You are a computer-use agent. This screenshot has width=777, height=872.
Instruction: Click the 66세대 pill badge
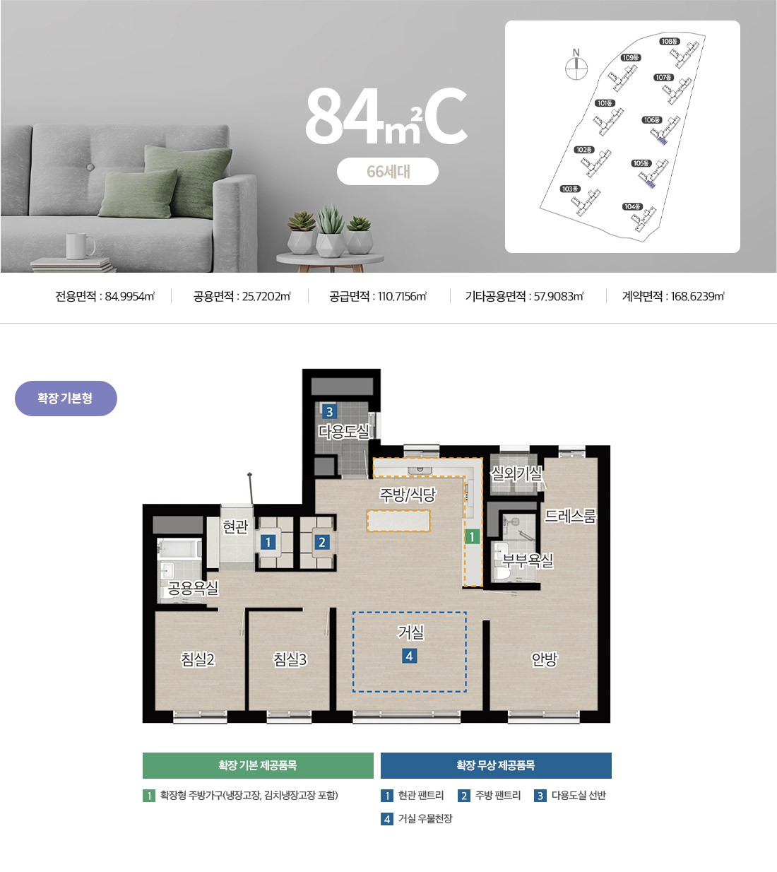(x=388, y=171)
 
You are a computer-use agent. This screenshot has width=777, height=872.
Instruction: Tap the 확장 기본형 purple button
(x=66, y=398)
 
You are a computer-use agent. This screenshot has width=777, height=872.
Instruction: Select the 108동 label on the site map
(x=670, y=41)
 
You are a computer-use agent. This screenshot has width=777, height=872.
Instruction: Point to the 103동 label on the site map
(x=571, y=189)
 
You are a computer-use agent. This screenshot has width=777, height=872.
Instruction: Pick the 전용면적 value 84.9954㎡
(x=130, y=296)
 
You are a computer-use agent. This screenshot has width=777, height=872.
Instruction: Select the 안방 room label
(x=544, y=659)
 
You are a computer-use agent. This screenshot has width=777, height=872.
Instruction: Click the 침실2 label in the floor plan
(x=198, y=659)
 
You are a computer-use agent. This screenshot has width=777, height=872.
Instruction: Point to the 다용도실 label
(x=344, y=431)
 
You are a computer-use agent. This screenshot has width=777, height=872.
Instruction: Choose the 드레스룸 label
(x=570, y=516)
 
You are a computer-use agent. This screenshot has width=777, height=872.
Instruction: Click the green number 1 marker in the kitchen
(x=472, y=537)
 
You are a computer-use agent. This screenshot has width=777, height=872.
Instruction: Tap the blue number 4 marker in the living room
(x=409, y=656)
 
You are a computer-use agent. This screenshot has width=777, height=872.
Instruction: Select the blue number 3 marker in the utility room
(x=330, y=412)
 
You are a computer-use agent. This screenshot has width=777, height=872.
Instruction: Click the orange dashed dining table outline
(x=399, y=521)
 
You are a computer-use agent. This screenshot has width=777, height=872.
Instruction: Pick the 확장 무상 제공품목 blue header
(x=496, y=765)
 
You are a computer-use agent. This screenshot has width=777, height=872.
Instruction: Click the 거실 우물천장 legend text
(x=425, y=818)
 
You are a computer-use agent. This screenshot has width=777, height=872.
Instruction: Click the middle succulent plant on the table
(x=331, y=231)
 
